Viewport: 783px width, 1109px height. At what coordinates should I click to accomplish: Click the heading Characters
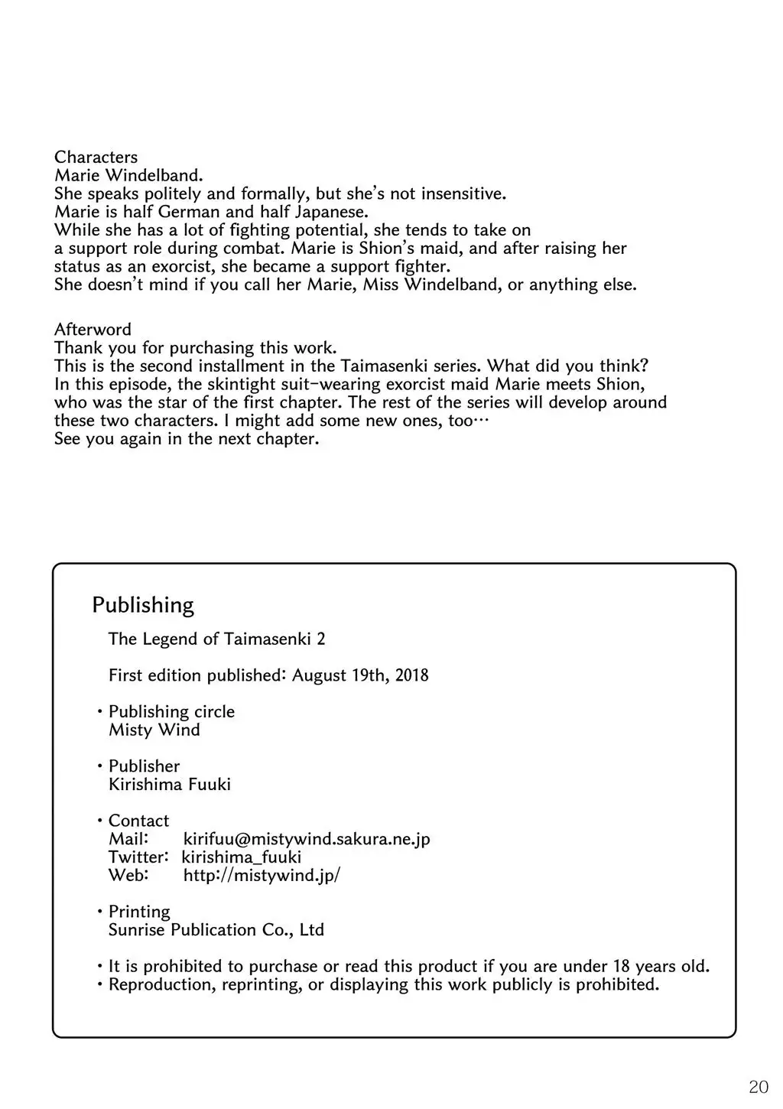click(96, 158)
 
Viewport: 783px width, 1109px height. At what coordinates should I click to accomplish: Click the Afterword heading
click(93, 330)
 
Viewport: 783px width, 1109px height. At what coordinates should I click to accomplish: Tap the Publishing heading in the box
click(143, 605)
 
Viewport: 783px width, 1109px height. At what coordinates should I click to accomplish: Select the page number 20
click(759, 1086)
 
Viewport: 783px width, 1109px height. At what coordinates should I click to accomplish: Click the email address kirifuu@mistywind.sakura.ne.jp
click(307, 839)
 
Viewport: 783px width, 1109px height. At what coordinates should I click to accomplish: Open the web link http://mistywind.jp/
click(262, 876)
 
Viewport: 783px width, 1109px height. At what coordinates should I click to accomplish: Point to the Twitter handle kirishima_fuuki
click(242, 857)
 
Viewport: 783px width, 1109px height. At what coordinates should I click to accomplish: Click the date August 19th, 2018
click(360, 675)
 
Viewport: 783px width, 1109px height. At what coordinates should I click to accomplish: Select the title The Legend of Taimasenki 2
click(216, 639)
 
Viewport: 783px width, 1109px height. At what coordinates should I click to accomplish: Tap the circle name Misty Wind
click(154, 730)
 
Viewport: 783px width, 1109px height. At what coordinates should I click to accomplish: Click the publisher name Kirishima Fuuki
click(169, 785)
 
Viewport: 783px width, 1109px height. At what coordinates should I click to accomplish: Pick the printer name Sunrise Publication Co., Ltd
click(216, 930)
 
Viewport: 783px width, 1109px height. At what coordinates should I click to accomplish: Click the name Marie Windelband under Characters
click(128, 175)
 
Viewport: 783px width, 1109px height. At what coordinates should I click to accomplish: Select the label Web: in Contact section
click(128, 876)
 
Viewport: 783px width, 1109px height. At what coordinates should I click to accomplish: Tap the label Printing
click(139, 912)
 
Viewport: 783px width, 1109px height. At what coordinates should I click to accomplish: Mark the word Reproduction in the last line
click(162, 984)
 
